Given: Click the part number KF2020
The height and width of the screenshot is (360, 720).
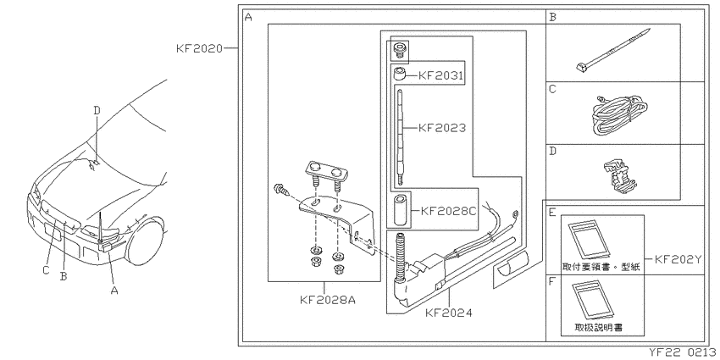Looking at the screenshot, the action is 199,48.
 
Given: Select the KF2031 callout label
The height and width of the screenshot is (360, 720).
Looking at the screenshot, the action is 440,75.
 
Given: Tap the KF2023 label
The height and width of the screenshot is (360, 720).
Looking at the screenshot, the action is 442,128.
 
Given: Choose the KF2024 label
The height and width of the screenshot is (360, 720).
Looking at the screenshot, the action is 449,313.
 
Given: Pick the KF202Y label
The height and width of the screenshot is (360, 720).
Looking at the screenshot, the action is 678,259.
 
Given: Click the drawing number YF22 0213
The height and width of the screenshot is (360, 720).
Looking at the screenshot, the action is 682,353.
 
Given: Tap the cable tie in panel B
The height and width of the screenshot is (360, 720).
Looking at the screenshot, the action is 613,50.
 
